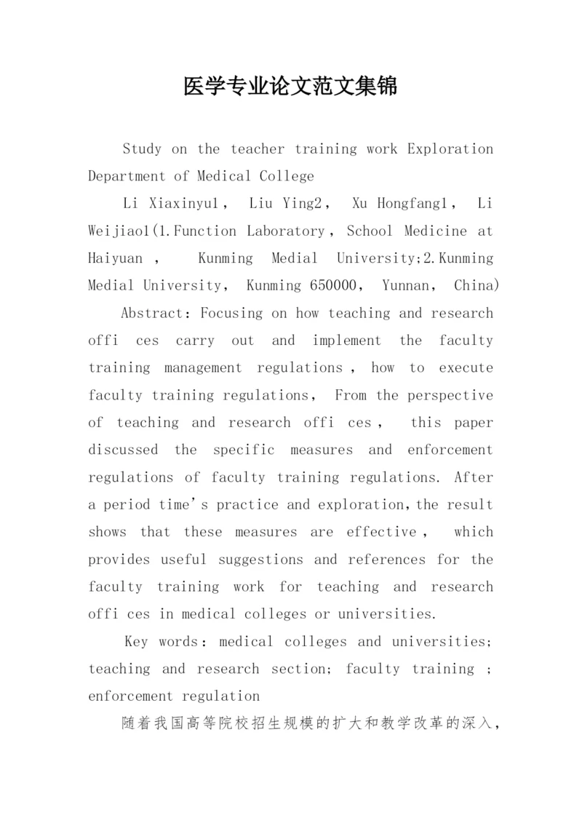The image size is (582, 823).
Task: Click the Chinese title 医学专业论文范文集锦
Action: coord(290,87)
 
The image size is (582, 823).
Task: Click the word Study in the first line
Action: coord(142,149)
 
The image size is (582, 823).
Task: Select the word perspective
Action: coord(450,396)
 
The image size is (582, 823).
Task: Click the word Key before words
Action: coord(137,642)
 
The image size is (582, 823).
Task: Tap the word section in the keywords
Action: coord(296,669)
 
